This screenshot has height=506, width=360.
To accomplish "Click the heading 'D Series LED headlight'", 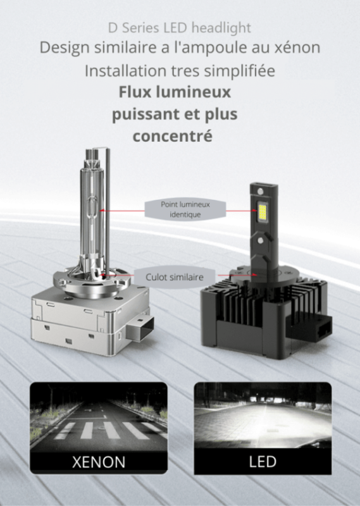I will coord(180,28).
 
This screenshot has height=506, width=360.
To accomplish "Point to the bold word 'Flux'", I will coord(137,92).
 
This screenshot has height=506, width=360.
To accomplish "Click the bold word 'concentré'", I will coord(172,136).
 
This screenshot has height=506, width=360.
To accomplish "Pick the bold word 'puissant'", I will coord(141,114).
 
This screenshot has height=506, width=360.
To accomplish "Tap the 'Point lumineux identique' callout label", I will coord(185,209).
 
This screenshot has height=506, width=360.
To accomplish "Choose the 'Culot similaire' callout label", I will coord(175,276).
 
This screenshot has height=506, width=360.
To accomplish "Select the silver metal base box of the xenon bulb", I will coord(89,316).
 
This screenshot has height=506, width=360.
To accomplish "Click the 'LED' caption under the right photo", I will coord(262,460).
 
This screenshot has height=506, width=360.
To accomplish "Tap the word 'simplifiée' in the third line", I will coord(242,71).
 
